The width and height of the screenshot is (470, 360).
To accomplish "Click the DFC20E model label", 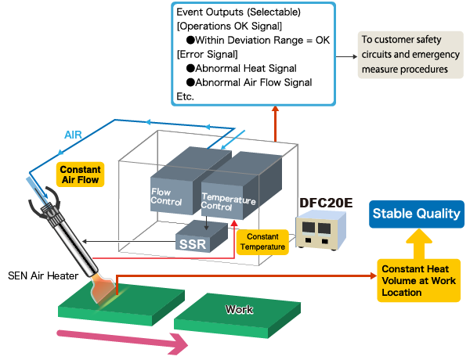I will click(325, 203).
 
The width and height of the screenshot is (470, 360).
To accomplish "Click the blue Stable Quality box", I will click(414, 214).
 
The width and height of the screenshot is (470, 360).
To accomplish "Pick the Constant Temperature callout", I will click(262, 241).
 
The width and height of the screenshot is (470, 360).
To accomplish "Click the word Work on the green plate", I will click(239, 309).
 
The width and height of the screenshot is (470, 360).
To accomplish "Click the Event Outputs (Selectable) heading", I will click(239, 12).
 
